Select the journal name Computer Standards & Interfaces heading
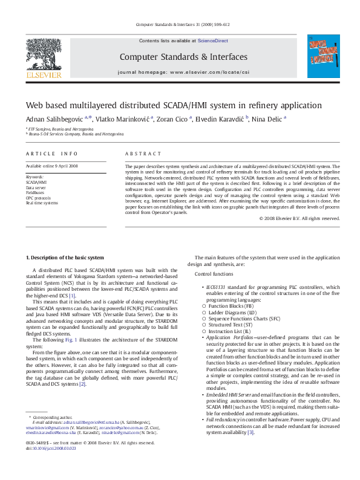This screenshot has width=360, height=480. click(183, 57)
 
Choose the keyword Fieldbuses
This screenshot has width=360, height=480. click(36, 192)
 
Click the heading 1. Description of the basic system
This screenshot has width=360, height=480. click(68, 258)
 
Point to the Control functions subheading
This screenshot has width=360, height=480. click(217, 292)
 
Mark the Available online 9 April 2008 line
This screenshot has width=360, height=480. click(51, 166)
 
